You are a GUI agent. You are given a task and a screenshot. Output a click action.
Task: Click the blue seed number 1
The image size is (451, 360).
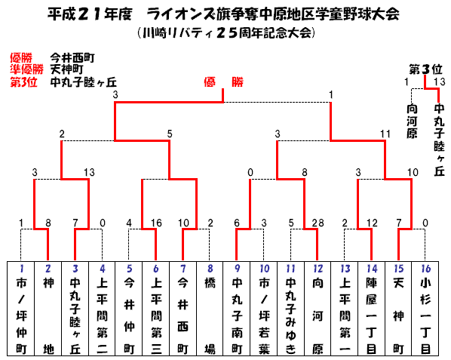coord(21,269)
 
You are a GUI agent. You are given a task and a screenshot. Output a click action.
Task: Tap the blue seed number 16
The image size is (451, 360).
coord(425,269)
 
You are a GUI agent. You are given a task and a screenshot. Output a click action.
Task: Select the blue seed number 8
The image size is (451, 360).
coord(210,269)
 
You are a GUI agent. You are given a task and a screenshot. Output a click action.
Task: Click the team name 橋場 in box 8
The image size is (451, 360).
coord(210,316)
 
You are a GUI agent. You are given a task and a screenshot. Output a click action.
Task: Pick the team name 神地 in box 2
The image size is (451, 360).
coord(48,316)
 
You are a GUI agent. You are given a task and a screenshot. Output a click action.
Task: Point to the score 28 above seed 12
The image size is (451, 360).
coord(318,223)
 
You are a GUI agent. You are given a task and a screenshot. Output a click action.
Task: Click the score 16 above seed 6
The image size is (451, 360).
coord(156,223)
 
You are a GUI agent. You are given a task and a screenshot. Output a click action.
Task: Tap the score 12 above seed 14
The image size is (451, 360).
coord(372,223)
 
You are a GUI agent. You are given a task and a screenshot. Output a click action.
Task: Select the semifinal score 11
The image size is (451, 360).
coord(385,134)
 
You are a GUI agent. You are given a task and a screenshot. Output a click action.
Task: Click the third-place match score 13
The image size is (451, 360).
coord(440,82)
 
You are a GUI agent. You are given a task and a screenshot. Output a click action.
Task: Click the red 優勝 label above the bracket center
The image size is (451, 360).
coord(223,82)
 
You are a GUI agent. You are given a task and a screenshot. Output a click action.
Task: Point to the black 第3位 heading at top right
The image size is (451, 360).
coord(425,69)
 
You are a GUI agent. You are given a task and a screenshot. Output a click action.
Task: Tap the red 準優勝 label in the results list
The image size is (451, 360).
coord(26,69)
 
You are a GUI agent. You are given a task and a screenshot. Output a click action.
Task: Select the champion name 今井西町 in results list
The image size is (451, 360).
coord(72,58)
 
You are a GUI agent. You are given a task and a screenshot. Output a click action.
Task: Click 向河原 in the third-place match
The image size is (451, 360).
coord(412,121)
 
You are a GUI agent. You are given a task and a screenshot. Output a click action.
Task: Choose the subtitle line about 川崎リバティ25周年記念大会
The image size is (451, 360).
coord(226,33)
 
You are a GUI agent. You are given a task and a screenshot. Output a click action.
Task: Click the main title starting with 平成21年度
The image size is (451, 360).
coord(223,14)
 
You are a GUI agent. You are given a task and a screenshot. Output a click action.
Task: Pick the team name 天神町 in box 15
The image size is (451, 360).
coord(398,316)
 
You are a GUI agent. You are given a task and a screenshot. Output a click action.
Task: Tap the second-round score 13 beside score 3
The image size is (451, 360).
coord(89,172)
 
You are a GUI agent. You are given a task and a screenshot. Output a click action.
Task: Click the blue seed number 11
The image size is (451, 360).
coord(290,269)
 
